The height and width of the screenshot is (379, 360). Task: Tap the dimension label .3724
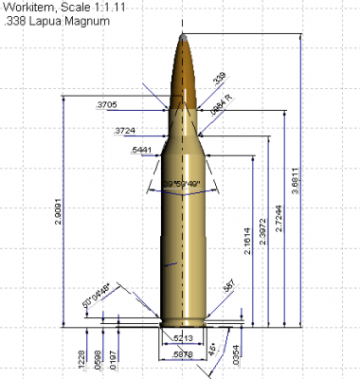pyautogui.click(x=123, y=130)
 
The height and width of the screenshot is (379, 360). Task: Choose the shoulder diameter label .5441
pyautogui.click(x=140, y=152)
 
